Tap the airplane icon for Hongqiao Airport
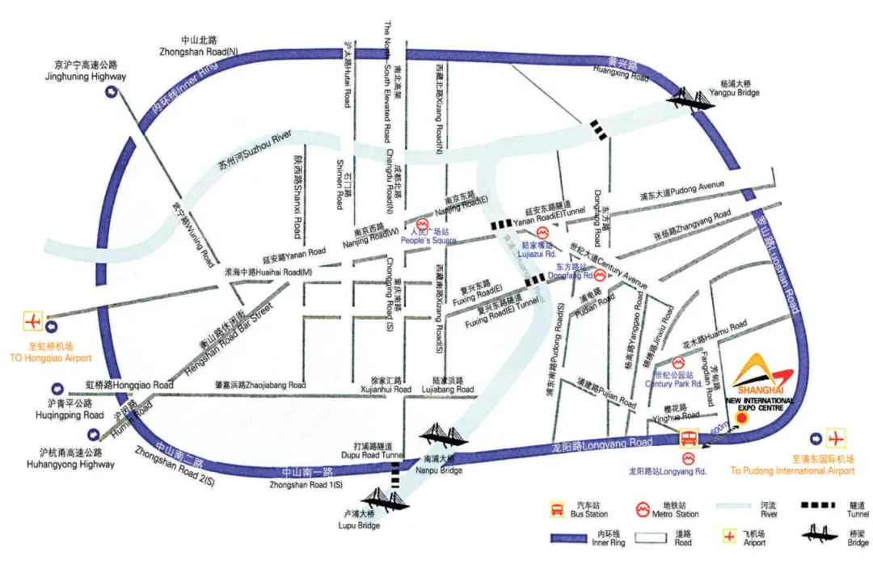(33, 321)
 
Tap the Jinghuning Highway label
(85, 70)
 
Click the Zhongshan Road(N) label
(199, 46)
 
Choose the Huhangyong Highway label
(78, 458)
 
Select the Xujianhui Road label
(385, 384)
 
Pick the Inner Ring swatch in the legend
(579, 538)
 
